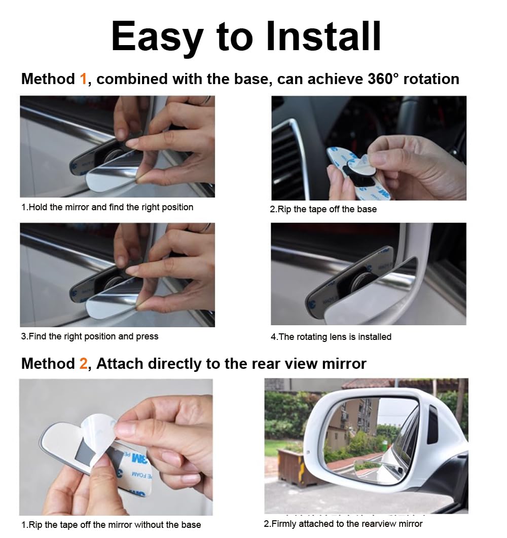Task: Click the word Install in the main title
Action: pos(323,36)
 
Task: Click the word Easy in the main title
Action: pos(157,39)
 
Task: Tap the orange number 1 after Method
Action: pos(83,79)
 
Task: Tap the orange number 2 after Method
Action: pos(84,364)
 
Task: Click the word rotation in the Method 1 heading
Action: pos(431,79)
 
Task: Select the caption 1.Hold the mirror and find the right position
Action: pos(107,207)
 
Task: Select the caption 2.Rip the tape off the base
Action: pos(323,209)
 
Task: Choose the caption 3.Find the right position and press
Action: pos(90,336)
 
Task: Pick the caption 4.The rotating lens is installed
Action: pos(331,337)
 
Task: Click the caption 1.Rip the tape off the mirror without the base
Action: pos(111,525)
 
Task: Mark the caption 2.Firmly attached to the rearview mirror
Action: pos(343,524)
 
